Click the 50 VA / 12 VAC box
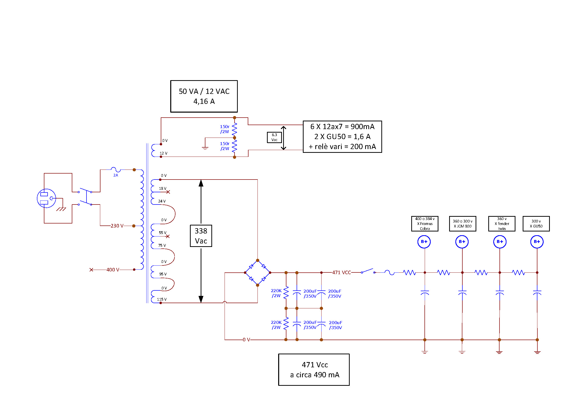204,96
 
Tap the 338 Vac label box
201,236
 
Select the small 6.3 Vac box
274,137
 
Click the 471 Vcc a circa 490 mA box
314,370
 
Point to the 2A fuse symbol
116,169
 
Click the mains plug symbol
46,198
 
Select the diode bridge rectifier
257,273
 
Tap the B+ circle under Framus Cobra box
424,242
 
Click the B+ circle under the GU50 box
537,242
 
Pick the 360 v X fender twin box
502,223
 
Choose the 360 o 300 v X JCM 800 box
463,223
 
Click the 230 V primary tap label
117,226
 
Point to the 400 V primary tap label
113,270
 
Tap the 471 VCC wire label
341,273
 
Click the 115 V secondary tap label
162,299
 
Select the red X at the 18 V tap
168,192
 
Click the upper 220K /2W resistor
286,292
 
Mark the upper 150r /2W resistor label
225,129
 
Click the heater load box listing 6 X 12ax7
342,137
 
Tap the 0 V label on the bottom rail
246,340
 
